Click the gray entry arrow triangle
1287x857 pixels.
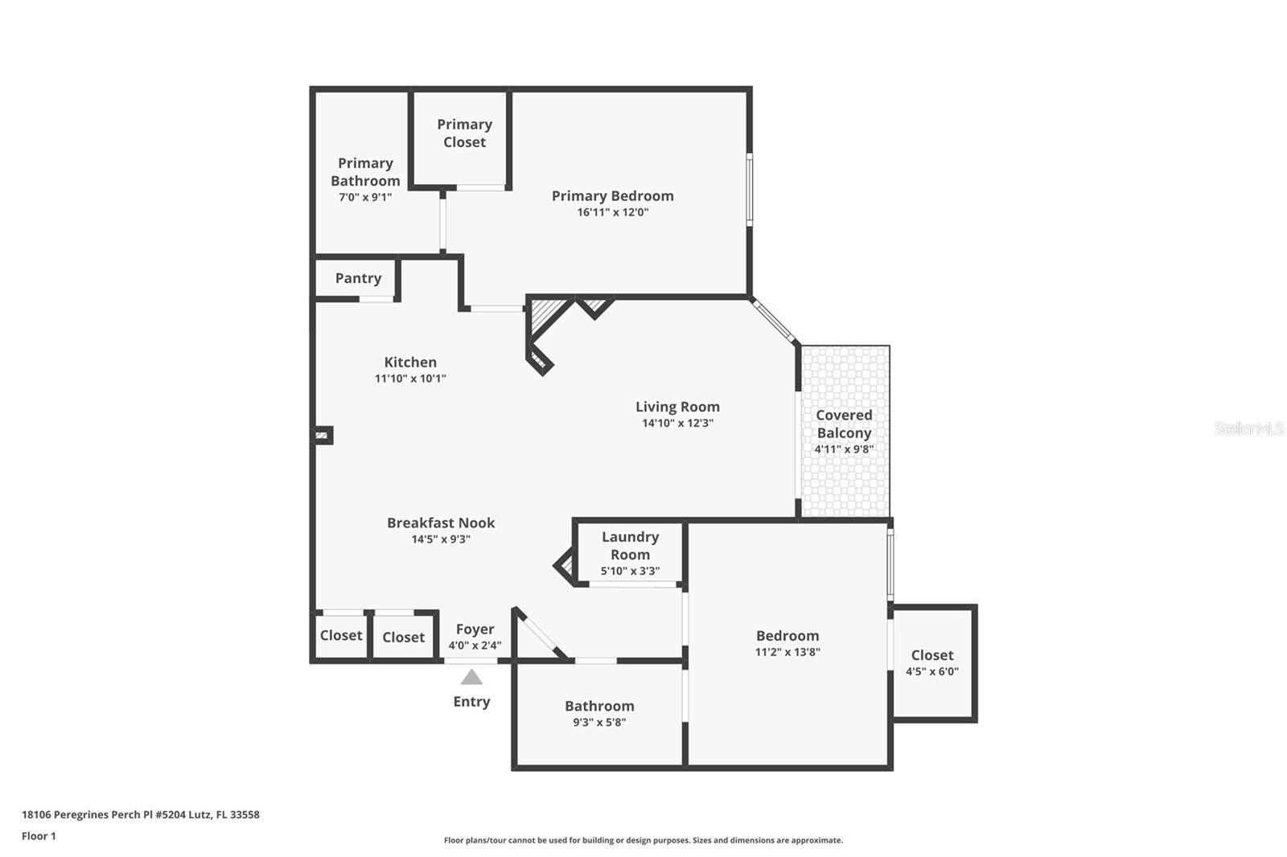pos(471,677)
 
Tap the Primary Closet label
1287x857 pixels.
pos(464,133)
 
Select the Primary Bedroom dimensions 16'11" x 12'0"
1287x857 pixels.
pos(612,212)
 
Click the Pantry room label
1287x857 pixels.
pos(358,278)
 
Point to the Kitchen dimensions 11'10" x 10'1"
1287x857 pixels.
pos(410,378)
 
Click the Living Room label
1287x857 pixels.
pos(677,407)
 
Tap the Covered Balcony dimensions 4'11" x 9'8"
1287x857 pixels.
pos(844,449)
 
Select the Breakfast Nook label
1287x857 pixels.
pos(441,523)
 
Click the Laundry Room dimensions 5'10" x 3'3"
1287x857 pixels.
pos(631,571)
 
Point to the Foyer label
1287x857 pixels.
pos(475,629)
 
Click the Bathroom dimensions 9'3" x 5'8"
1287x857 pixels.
pos(599,722)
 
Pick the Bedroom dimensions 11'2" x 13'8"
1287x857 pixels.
pos(787,652)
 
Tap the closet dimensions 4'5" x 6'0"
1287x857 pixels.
pos(932,671)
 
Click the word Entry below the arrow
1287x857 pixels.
pos(471,702)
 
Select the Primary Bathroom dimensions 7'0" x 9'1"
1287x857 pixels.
pos(365,198)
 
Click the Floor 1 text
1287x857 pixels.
pos(39,836)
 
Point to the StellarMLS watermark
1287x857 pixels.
pos(1249,428)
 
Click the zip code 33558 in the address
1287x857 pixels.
pos(245,814)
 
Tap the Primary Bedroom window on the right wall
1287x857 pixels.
pos(749,190)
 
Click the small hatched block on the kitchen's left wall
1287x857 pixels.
pos(322,436)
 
